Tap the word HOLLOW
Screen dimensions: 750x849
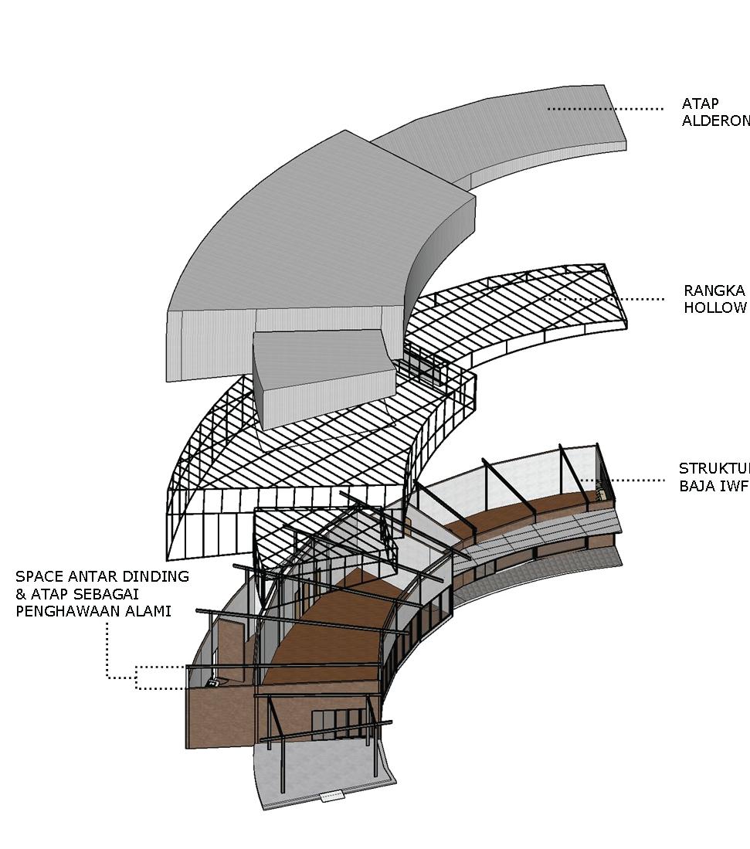714,308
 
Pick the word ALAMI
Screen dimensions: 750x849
149,612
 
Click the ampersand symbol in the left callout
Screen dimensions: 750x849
21,595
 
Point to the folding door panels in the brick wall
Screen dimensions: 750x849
340,724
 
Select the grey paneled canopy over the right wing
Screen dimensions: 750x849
541,533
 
